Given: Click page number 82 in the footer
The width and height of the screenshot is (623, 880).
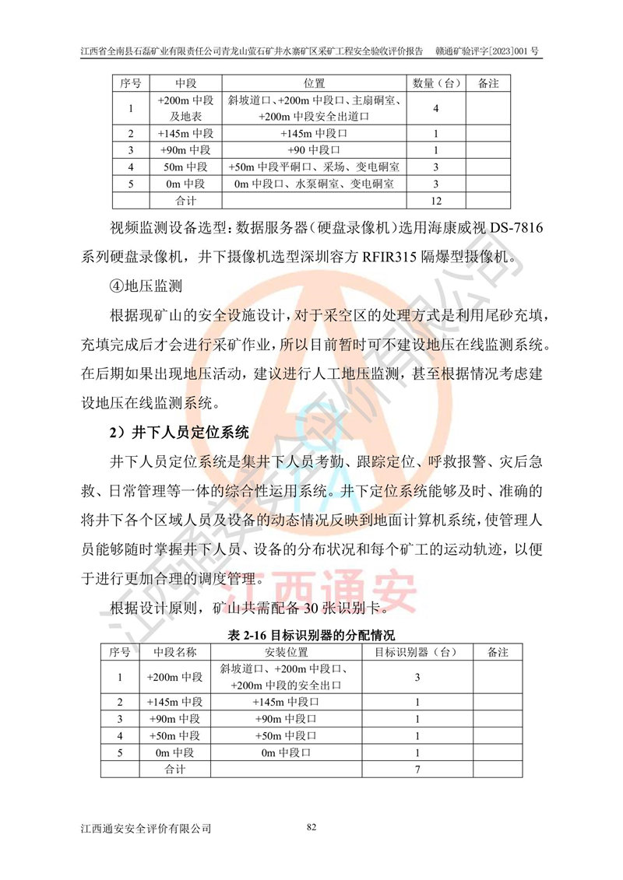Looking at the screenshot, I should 311,826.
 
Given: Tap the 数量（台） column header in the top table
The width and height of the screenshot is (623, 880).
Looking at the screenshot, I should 436,82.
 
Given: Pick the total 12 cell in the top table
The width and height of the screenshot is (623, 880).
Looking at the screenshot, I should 436,201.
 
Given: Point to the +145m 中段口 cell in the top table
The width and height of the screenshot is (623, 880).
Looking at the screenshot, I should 315,133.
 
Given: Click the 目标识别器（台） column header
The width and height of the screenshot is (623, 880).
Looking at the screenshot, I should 417,650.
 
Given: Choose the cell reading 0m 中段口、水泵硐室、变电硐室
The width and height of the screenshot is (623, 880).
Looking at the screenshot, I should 315,184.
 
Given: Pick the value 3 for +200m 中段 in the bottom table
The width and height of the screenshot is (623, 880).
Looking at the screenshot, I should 417,677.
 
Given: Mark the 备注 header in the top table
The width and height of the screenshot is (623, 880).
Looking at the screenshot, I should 487,82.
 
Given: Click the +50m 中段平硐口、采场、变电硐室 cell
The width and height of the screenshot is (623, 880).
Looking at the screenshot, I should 315,167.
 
